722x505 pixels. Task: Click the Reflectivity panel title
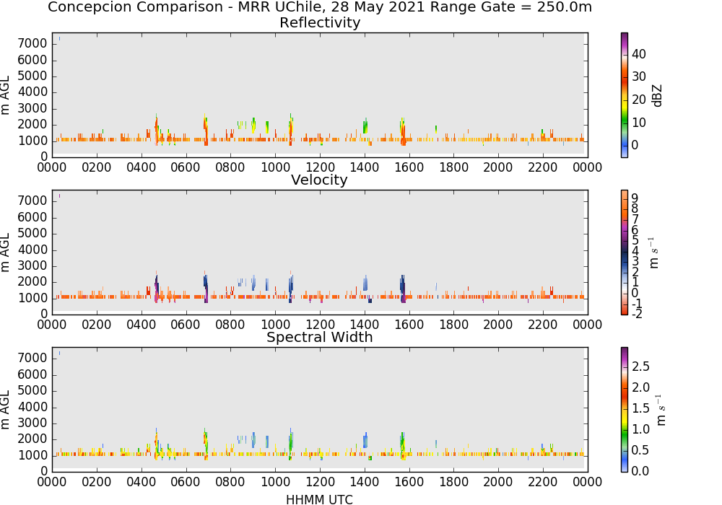(320, 22)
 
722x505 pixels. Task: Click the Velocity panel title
(319, 180)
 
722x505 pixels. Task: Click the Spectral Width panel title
(320, 337)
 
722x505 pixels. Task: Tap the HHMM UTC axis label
(319, 500)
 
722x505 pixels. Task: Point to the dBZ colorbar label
(657, 96)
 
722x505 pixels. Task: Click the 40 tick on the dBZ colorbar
(639, 54)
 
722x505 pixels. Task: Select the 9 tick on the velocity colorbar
(635, 198)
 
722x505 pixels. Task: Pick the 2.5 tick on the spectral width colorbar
(640, 366)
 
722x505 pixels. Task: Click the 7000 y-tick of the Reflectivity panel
(32, 44)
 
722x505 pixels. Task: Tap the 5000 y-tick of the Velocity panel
(32, 234)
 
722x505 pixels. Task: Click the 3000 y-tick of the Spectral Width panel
(32, 423)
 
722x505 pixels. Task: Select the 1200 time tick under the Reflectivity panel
(320, 167)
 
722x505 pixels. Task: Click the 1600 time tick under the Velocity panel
(409, 325)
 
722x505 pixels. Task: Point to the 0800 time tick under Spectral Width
(230, 482)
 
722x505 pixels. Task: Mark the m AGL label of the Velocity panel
(6, 252)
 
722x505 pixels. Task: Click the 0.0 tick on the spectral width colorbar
(640, 471)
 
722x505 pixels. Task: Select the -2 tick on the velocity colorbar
(637, 314)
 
